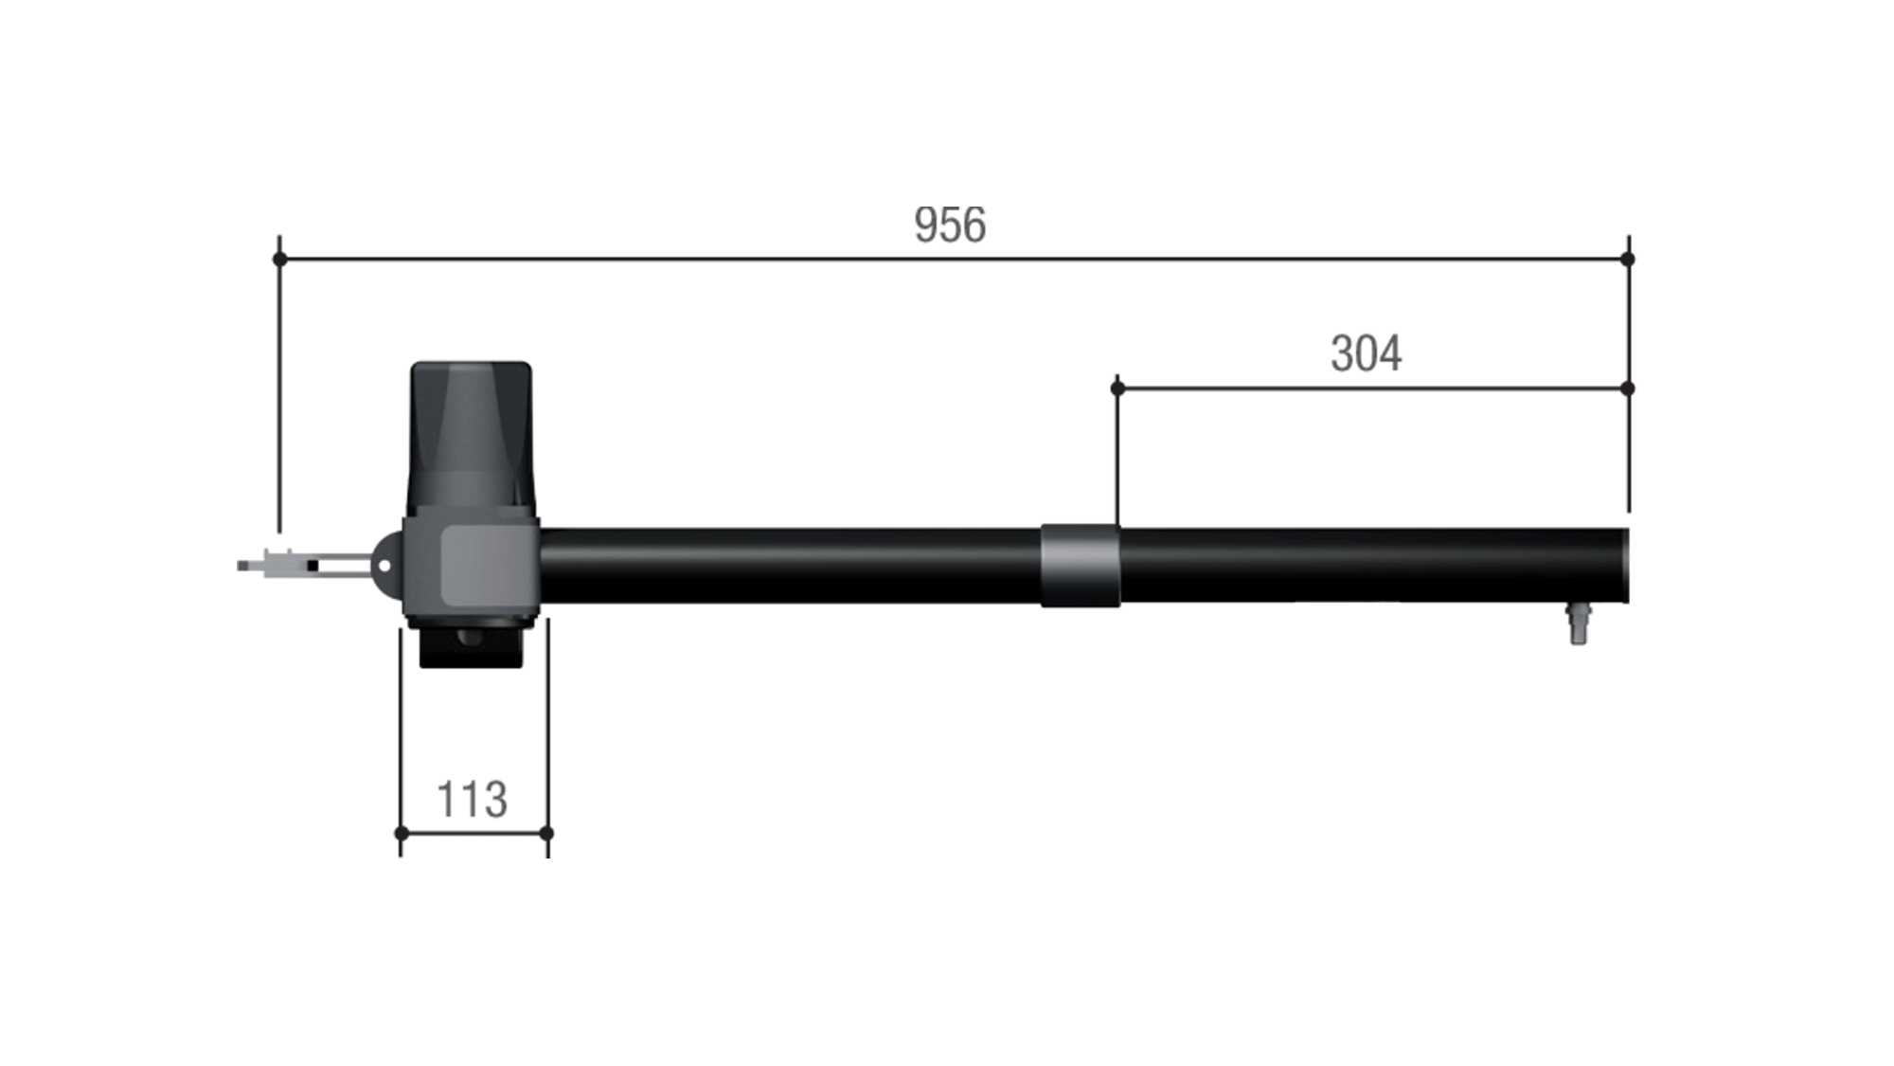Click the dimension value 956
click(x=950, y=226)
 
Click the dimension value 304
click(x=1366, y=354)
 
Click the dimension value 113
click(x=472, y=800)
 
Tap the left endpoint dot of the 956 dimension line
click(x=279, y=259)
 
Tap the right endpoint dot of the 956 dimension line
click(x=1627, y=259)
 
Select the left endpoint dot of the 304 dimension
click(x=1117, y=388)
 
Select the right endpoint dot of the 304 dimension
click(x=1627, y=388)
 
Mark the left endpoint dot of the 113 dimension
click(x=401, y=833)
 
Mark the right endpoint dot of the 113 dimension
click(x=546, y=833)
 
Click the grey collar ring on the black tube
click(x=1080, y=566)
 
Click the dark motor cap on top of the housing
click(x=471, y=436)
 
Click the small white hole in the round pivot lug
click(x=384, y=566)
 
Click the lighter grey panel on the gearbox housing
click(x=483, y=566)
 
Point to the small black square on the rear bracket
click(x=313, y=566)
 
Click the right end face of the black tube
click(x=1625, y=566)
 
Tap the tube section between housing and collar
click(x=786, y=566)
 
